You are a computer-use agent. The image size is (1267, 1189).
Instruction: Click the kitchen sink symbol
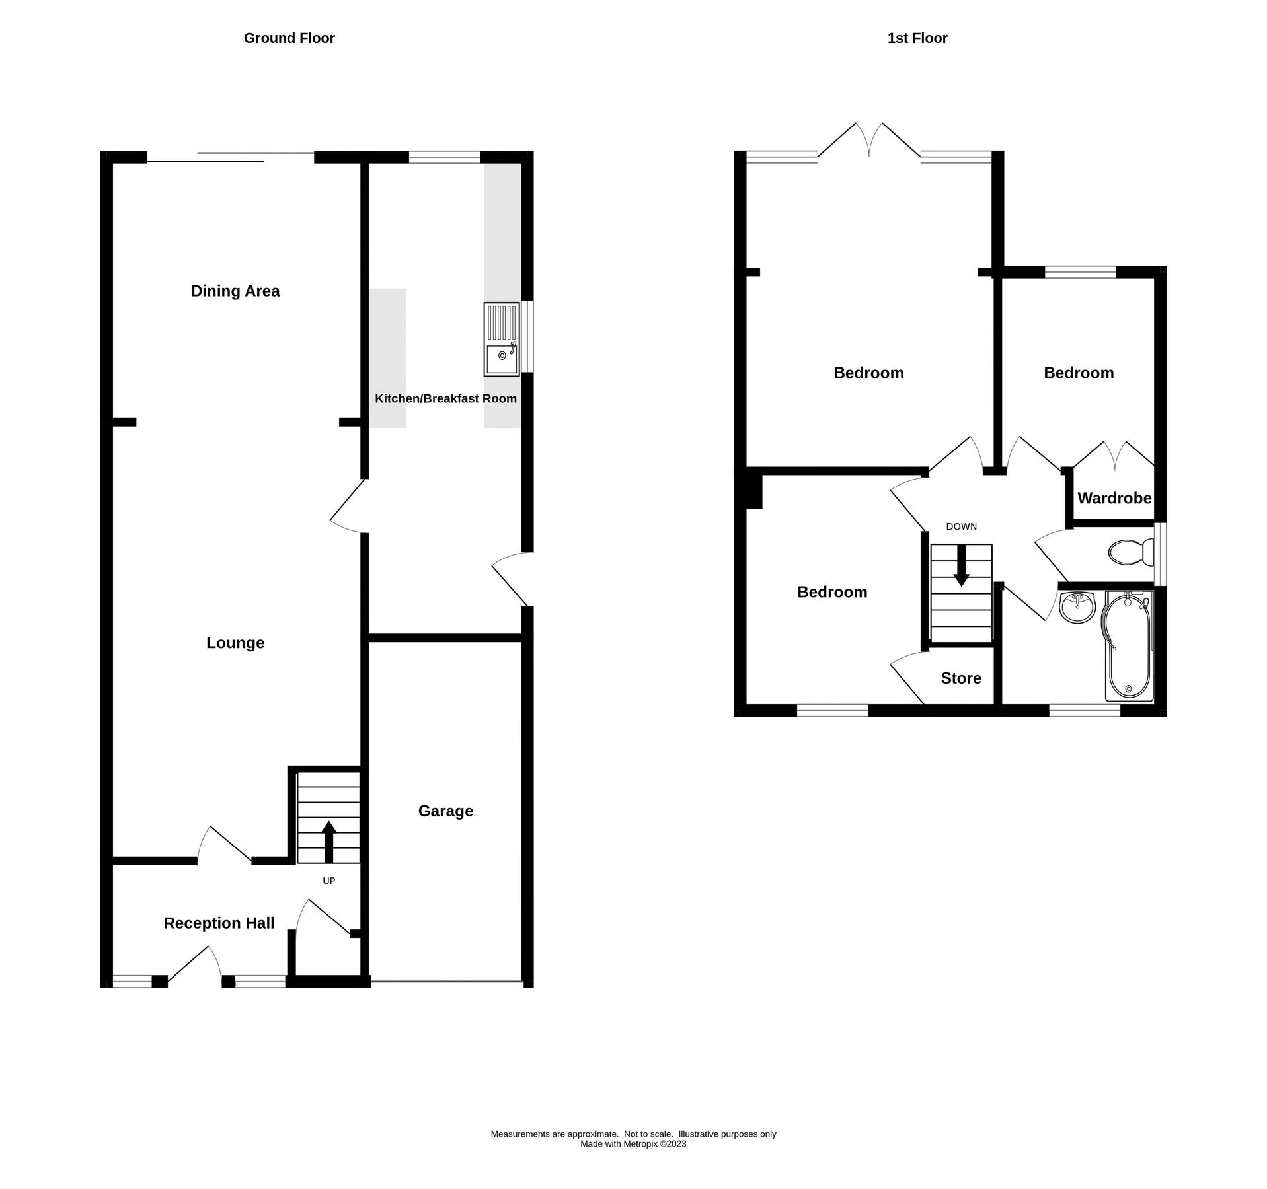pos(502,340)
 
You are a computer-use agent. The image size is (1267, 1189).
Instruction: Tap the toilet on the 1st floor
pos(1131,552)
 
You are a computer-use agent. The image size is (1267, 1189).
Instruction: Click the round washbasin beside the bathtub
pos(1077,607)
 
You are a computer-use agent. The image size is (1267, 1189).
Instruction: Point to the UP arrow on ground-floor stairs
pos(328,841)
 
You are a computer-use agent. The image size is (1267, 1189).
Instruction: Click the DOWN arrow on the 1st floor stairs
pos(961,567)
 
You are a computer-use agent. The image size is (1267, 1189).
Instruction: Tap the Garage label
pos(445,811)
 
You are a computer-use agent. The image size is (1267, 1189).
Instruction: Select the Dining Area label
pos(235,291)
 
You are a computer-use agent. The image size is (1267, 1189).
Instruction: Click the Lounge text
pos(235,643)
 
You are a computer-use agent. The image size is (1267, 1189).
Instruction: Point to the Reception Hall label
pos(219,923)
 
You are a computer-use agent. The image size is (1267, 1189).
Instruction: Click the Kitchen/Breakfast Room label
pos(445,398)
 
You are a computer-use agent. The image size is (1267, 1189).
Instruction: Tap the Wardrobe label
pos(1114,498)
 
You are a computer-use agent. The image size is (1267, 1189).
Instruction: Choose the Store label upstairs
pos(960,678)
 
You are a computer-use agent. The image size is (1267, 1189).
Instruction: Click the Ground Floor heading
pos(289,38)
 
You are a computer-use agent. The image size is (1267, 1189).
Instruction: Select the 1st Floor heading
pos(917,38)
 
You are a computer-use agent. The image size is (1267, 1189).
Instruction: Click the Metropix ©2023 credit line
pos(633,1144)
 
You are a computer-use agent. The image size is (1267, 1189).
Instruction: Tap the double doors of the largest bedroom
pos(869,141)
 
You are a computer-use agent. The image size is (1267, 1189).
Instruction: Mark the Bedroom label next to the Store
pos(831,592)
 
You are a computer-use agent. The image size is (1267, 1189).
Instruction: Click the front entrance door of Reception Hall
pos(196,966)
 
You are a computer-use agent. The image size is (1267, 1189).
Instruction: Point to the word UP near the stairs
pos(328,881)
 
